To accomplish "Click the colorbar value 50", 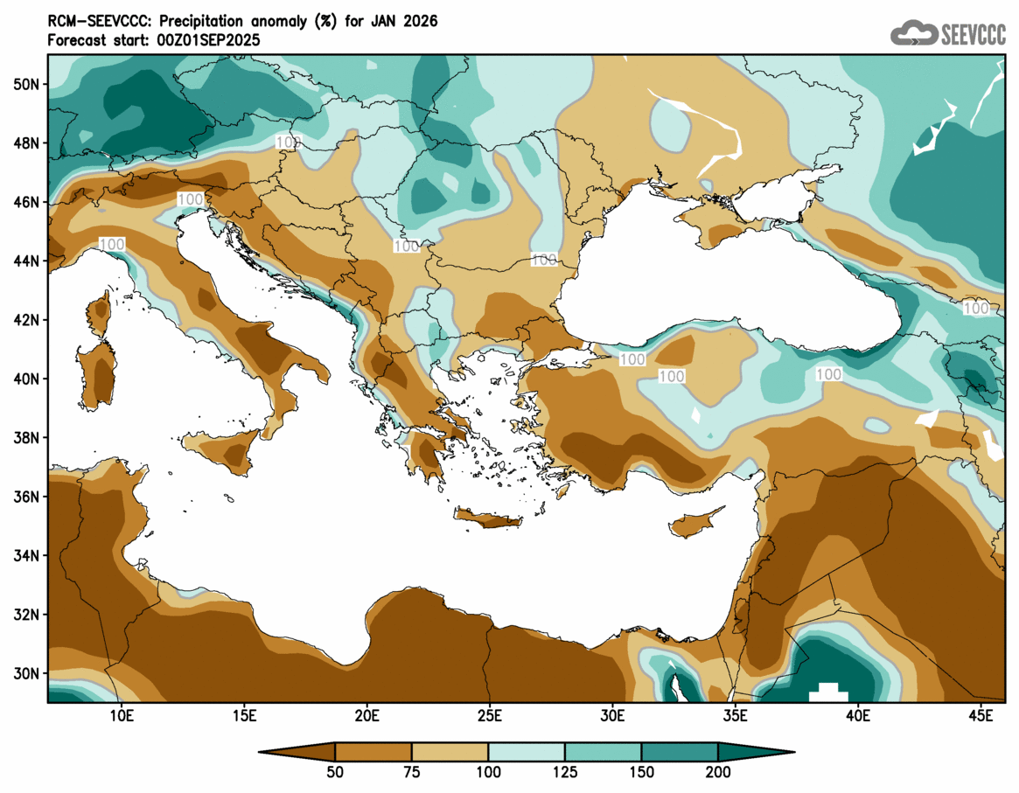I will (335, 772).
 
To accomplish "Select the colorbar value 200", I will (718, 772).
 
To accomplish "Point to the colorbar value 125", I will (565, 772).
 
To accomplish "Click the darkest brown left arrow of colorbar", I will (297, 751).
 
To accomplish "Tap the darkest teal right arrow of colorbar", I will (756, 751).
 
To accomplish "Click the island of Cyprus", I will (695, 523).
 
